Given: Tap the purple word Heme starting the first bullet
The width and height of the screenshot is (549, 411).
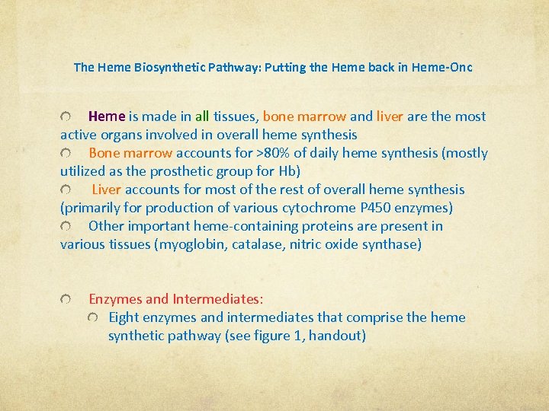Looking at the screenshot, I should [x=107, y=116].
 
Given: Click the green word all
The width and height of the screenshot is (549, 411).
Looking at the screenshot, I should [x=202, y=116].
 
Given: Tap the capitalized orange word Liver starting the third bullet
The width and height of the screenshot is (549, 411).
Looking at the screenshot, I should [x=107, y=190].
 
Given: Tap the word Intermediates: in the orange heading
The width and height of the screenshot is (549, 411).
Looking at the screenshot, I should [x=218, y=299].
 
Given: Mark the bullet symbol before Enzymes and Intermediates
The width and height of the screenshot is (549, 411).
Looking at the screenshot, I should [x=66, y=299].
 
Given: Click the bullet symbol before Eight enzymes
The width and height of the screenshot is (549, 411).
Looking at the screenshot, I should [x=93, y=317].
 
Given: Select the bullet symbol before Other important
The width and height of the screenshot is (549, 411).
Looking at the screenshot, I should [x=66, y=226].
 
